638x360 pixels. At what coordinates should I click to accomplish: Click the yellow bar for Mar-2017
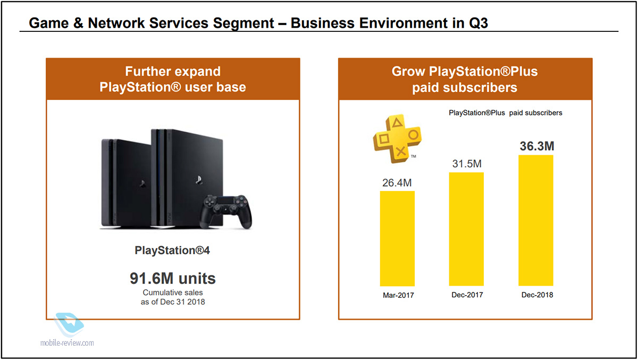point(397,238)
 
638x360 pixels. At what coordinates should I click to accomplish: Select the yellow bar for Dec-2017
point(466,229)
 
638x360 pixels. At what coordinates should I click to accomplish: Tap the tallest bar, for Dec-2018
point(536,221)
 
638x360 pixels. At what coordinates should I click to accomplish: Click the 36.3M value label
point(537,146)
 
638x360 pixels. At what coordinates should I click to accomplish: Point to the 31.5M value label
point(467,164)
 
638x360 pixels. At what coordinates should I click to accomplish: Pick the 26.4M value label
point(397,183)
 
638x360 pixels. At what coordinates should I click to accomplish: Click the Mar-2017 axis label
point(398,295)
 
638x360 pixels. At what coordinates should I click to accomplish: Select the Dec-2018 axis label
point(537,295)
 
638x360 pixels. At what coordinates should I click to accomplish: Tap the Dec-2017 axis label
point(467,295)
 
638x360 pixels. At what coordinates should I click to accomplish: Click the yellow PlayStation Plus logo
point(398,139)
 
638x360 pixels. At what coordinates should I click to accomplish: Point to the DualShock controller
point(226,211)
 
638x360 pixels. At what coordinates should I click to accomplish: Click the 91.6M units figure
point(173,278)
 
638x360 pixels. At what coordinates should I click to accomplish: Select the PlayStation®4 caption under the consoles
point(172,250)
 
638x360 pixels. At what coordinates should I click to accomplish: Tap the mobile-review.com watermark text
point(67,342)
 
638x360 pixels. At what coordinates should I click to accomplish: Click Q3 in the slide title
point(478,23)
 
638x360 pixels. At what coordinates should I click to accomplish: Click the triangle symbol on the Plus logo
point(397,123)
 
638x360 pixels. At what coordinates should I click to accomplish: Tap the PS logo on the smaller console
point(142,183)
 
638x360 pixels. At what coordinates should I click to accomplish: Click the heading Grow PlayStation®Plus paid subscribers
point(465,79)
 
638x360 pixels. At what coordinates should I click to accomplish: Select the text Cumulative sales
point(173,292)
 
